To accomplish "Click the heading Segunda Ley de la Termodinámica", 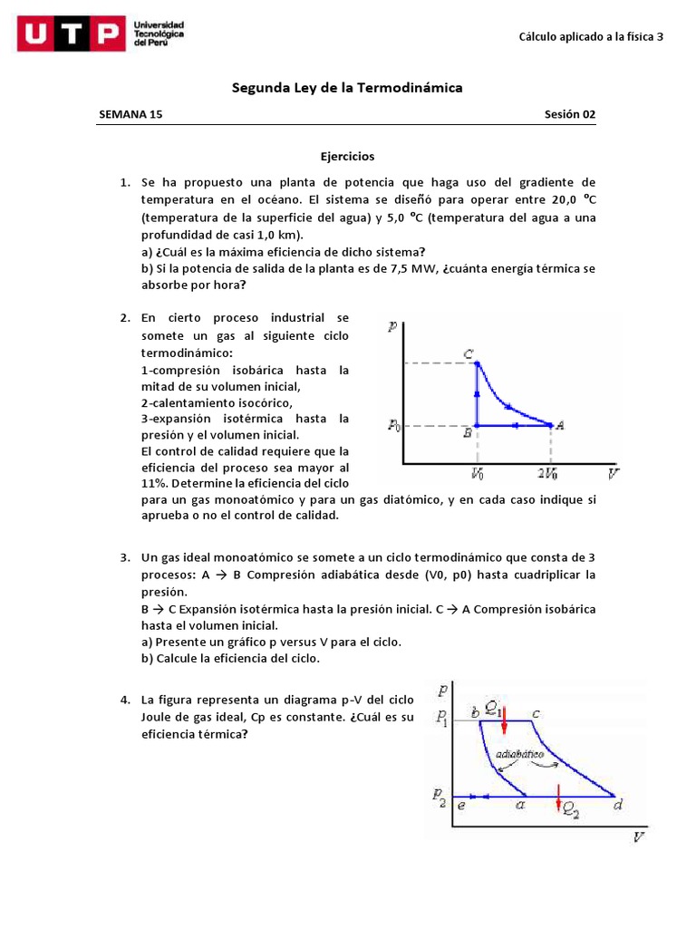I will (x=347, y=88).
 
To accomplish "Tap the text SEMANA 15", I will (x=130, y=114).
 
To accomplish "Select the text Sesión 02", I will (x=570, y=114).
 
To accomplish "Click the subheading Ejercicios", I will (x=347, y=157).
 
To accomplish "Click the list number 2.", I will (x=125, y=318).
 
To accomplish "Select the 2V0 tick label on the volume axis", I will (x=547, y=474).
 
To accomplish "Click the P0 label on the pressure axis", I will (x=394, y=425).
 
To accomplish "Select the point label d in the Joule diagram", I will (x=617, y=804).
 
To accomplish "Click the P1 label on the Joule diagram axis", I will (x=441, y=718).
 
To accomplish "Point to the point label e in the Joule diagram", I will (x=461, y=804).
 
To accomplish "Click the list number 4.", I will (x=125, y=701).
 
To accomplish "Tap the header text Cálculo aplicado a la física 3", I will (x=591, y=37).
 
